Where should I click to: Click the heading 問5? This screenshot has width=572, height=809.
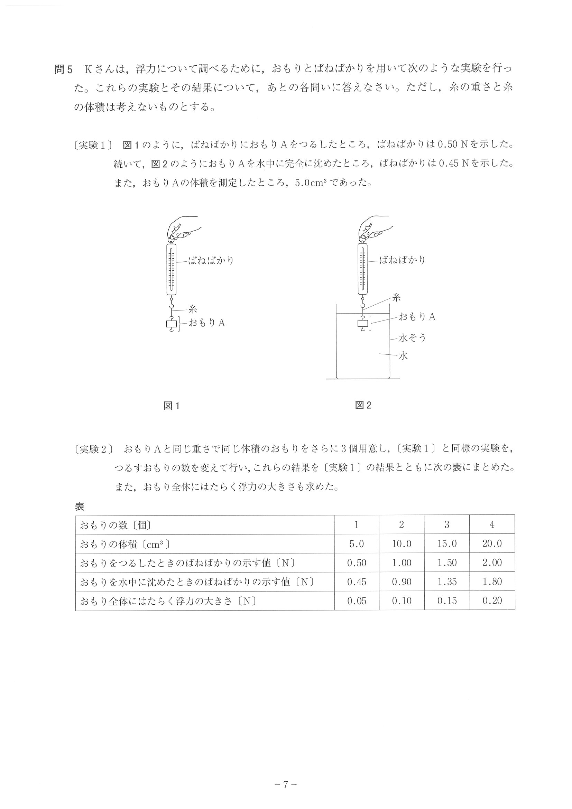[63, 69]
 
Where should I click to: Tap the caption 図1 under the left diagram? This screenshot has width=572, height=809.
[172, 406]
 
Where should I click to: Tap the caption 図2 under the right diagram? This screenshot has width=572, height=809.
[363, 405]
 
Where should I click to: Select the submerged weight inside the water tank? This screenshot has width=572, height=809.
[363, 323]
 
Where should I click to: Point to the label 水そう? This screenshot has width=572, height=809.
[412, 338]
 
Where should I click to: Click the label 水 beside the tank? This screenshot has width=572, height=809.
[403, 355]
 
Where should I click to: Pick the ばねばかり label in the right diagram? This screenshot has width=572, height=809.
[402, 260]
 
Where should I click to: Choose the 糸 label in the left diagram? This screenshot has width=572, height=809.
[192, 309]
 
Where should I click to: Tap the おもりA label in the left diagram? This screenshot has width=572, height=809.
[207, 323]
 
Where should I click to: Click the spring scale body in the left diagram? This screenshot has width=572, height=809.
[171, 270]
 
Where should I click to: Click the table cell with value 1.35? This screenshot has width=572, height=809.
[446, 582]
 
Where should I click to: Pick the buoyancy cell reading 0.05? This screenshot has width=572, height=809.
[356, 601]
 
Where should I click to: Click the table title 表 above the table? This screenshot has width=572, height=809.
[80, 507]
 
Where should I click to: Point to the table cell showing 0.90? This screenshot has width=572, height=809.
[402, 582]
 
